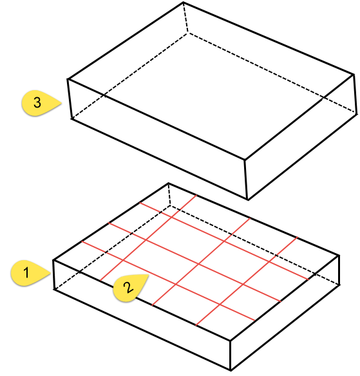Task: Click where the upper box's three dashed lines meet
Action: tap(187, 30)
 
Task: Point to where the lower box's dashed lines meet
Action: tap(169, 207)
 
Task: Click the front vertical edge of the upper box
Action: tap(245, 180)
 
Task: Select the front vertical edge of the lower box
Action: tap(230, 355)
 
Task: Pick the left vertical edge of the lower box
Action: tap(54, 275)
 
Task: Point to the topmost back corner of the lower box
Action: tap(167, 183)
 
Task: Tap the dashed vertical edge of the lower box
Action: tap(169, 195)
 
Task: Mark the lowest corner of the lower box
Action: tap(231, 371)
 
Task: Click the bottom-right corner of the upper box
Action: tap(355, 114)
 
